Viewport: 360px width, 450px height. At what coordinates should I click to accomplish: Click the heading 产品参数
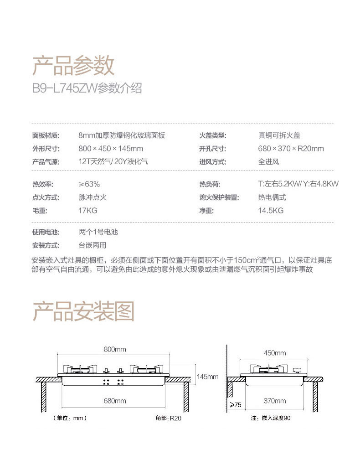[73, 66]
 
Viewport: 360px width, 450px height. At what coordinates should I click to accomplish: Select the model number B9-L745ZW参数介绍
[87, 88]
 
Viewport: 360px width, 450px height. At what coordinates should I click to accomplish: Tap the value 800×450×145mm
[111, 149]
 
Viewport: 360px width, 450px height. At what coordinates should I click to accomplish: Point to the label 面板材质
[46, 135]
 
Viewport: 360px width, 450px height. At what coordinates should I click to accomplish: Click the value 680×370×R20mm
[291, 149]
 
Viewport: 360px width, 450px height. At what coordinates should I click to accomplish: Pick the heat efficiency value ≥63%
[89, 184]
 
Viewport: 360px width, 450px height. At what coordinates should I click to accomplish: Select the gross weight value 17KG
[88, 211]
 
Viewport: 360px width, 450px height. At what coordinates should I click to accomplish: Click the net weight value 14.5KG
[271, 211]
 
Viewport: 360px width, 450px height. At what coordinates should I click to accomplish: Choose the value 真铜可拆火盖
[279, 135]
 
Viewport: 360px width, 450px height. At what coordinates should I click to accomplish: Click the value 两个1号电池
[98, 232]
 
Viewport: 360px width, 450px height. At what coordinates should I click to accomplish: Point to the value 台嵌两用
[93, 245]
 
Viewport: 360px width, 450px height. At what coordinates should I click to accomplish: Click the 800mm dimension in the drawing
[115, 349]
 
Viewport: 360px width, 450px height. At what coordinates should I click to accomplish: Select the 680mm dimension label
[115, 401]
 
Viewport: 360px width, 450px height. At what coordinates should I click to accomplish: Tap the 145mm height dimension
[207, 377]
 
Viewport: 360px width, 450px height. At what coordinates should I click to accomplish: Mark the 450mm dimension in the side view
[275, 353]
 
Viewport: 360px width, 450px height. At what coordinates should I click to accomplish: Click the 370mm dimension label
[275, 401]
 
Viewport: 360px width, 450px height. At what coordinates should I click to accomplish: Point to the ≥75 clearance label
[235, 405]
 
